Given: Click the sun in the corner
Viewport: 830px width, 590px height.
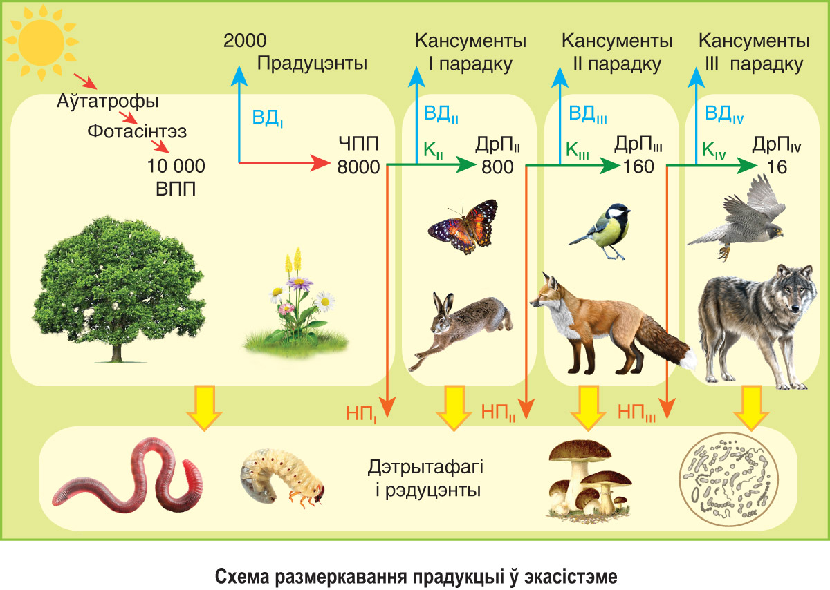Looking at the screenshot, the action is tap(41, 41).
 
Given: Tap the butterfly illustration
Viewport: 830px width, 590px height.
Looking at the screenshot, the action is tap(463, 227).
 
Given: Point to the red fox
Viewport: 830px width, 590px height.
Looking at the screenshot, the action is tap(611, 325).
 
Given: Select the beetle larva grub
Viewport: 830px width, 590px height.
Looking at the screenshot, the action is tap(282, 477).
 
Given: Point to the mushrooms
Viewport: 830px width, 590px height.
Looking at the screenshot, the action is tap(589, 480).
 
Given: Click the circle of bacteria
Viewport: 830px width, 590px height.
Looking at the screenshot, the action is tap(729, 479).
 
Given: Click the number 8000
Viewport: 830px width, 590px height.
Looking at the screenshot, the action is tap(358, 167).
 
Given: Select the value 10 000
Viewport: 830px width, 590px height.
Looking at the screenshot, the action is tap(176, 166).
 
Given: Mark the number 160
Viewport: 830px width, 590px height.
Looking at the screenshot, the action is tap(638, 166).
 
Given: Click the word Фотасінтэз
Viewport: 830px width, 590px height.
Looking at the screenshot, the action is tap(137, 131).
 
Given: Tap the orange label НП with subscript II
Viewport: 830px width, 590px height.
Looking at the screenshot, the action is tap(499, 412).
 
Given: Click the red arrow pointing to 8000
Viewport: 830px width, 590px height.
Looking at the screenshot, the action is tap(284, 163).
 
